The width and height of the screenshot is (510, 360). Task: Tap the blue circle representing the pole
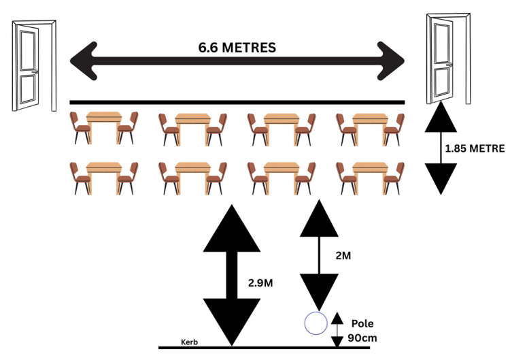click(315, 323)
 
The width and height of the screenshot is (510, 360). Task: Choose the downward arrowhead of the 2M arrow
click(317, 291)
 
